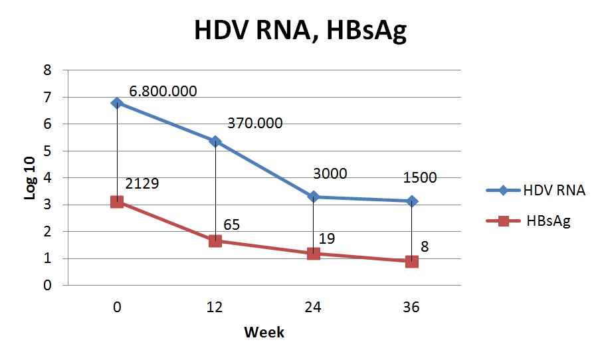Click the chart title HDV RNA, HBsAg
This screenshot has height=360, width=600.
300,31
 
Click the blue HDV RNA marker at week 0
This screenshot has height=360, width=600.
117,103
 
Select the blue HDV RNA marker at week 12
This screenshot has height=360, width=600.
215,141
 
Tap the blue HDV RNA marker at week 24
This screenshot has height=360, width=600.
314,197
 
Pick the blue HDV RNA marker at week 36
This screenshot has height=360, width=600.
412,201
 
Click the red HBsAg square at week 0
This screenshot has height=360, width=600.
117,201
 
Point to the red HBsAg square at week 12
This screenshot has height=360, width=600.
215,240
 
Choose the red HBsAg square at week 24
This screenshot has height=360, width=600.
314,253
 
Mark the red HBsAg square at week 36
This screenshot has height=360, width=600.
412,261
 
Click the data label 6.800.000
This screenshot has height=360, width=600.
163,91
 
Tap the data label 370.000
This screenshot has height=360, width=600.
254,123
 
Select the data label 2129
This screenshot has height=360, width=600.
142,183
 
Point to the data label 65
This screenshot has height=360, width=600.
232,225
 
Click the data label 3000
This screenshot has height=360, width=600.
330,174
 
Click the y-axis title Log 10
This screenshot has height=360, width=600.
30,177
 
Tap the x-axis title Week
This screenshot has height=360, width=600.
264,332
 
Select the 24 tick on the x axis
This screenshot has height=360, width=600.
314,308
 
